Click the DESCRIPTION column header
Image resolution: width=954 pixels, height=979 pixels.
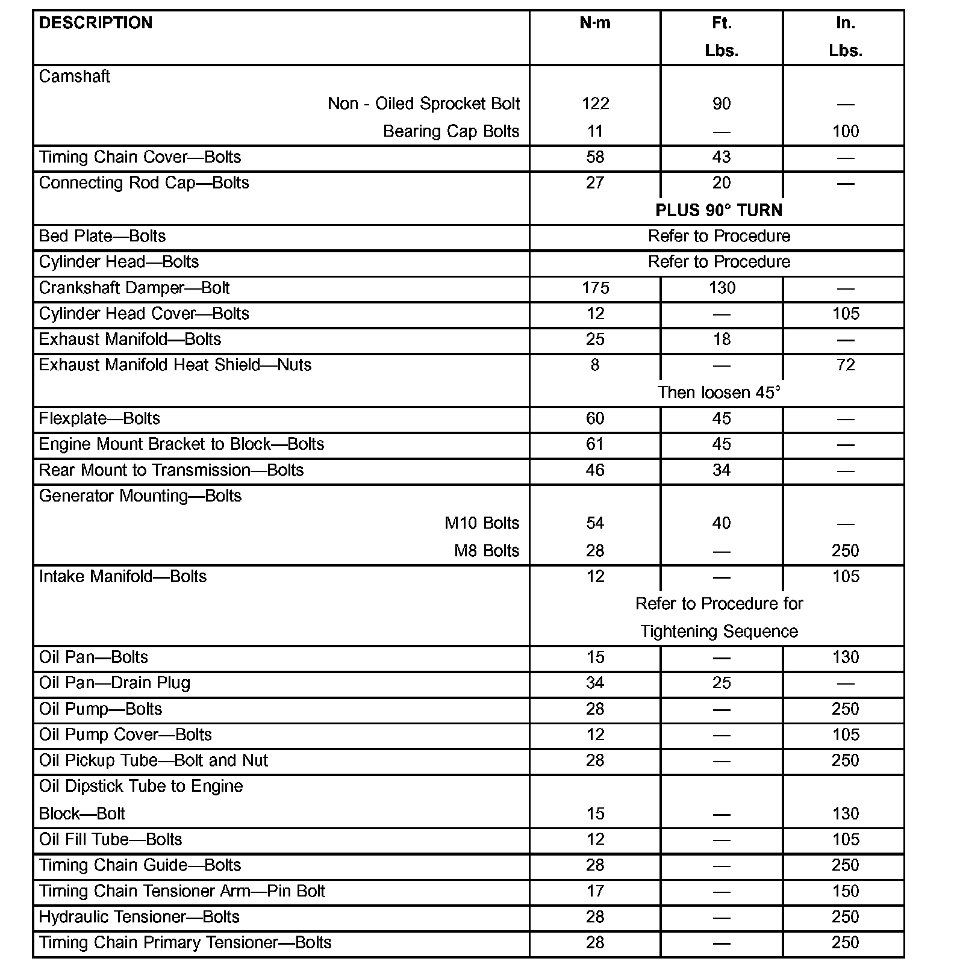(x=96, y=23)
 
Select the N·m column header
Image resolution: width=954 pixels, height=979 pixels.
(x=595, y=23)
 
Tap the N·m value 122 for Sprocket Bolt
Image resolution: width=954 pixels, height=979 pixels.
(x=595, y=104)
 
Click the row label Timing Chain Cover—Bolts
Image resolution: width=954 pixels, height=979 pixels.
(x=140, y=157)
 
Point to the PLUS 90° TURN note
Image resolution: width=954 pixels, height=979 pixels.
(x=719, y=210)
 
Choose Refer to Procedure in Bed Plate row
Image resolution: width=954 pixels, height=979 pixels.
(x=719, y=236)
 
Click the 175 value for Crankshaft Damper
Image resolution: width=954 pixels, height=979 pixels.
(x=595, y=288)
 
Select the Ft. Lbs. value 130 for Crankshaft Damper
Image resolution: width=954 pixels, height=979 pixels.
(x=722, y=288)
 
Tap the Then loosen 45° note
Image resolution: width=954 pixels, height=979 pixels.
(x=719, y=393)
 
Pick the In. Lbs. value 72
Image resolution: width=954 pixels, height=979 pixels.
(x=846, y=365)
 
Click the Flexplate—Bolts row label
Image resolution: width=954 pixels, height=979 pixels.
(x=99, y=418)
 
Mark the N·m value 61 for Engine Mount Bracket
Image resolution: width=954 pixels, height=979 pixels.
(x=595, y=444)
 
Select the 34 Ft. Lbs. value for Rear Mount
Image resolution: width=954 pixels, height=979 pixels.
(x=722, y=470)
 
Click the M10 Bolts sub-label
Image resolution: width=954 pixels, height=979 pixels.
(x=482, y=523)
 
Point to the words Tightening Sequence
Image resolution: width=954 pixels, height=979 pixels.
(x=719, y=632)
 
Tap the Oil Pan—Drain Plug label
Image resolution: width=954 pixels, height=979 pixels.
(x=114, y=683)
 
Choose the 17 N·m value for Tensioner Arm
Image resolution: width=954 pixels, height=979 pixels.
(x=595, y=891)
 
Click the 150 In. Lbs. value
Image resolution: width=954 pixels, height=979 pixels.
(x=846, y=891)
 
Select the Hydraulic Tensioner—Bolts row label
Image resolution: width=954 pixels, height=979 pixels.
(x=139, y=917)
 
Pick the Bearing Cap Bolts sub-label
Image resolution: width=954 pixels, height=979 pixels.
(x=451, y=131)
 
